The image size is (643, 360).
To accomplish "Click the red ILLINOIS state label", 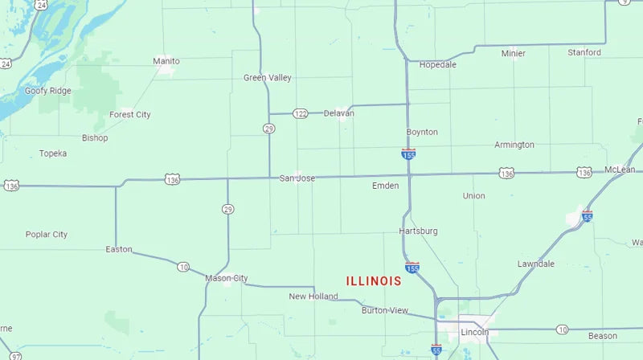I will point(374,281).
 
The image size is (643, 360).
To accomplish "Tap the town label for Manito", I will point(166,61).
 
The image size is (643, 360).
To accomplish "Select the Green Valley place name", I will point(268,78).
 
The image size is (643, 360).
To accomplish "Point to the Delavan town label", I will point(338,113).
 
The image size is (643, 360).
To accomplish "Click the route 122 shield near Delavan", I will point(300,113).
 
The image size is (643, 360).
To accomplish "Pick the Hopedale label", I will point(438,64).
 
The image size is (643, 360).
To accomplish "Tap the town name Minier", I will point(514,54).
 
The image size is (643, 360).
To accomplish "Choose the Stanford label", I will point(584,53).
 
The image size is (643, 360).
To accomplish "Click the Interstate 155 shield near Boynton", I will point(408,153).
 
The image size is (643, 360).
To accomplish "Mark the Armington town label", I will point(514,145).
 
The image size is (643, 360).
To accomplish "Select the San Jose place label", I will point(297,178).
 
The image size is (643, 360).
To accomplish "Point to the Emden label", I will point(385,186).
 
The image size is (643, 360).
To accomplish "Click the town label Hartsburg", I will point(419,231).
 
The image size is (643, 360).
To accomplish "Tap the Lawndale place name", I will point(536,264).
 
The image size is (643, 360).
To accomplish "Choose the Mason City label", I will point(227,278).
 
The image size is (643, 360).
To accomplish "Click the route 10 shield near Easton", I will point(183,267).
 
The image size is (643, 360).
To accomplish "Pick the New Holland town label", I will point(313,297).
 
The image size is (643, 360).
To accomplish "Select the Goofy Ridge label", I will point(47,91).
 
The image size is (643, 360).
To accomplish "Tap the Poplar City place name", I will point(47,235).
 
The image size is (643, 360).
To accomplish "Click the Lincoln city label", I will point(475,332).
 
